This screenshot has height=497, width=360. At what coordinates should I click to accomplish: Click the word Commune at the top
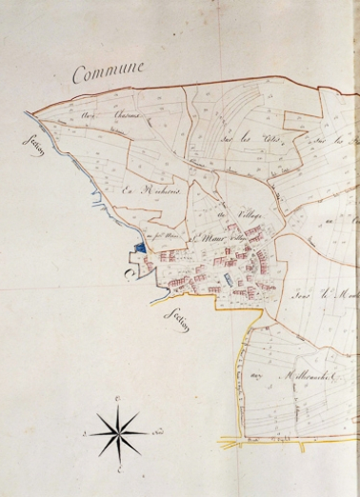pos(109,71)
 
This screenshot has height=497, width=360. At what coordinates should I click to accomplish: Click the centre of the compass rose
pos(117,433)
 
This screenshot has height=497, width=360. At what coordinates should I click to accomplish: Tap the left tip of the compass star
pos(89,433)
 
